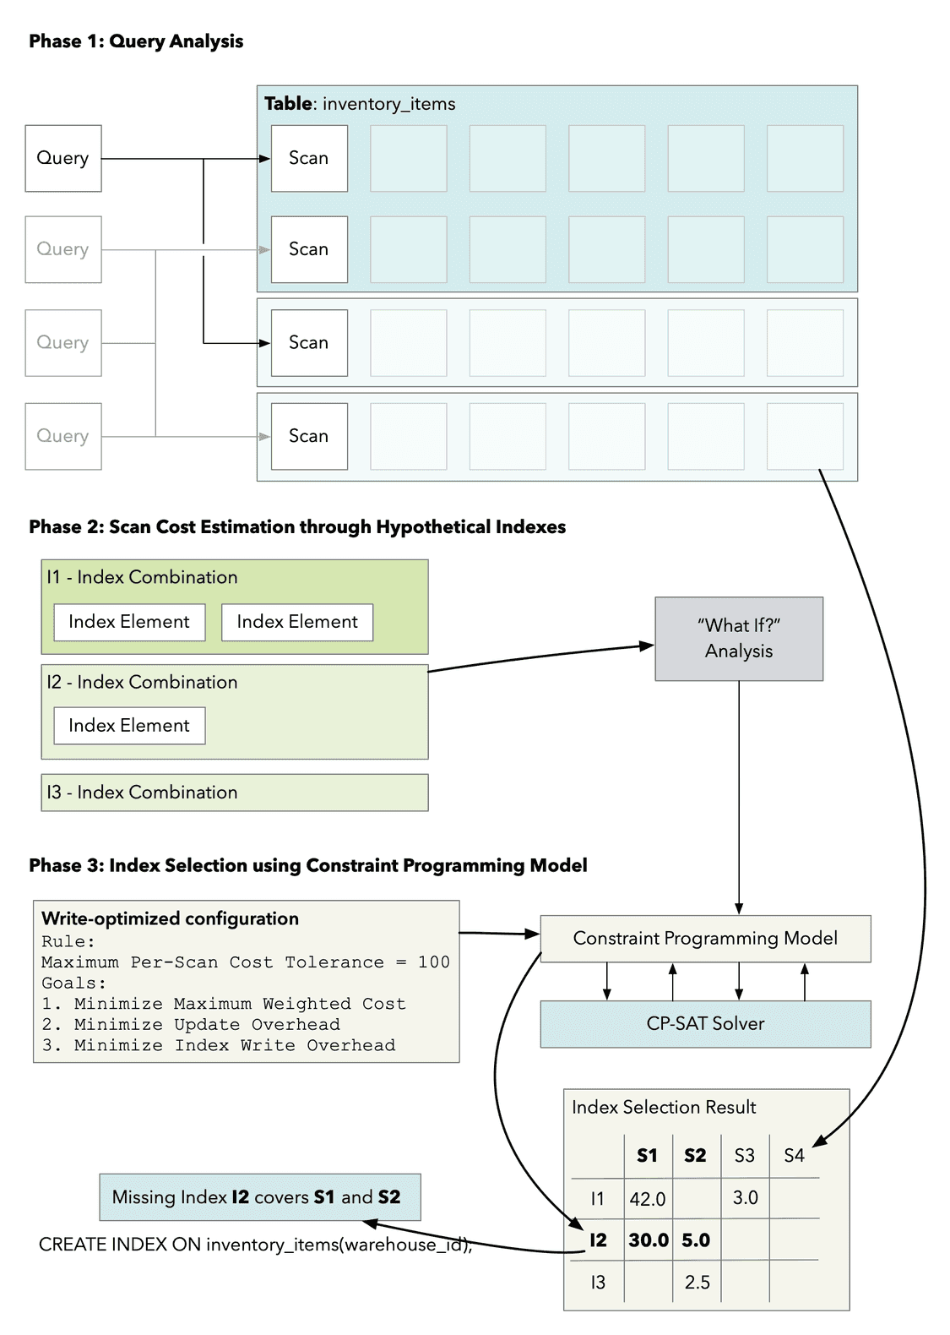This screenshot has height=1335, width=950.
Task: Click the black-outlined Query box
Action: coord(63,158)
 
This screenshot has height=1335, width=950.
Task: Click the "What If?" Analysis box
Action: coord(739,639)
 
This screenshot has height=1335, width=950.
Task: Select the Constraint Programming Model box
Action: coord(705,939)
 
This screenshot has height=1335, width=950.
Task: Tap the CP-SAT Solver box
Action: coord(705,1024)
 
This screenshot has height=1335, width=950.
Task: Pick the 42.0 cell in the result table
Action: coord(648,1199)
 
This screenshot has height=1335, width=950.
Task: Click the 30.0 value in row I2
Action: coord(648,1240)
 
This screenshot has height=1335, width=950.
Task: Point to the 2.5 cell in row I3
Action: coord(697,1283)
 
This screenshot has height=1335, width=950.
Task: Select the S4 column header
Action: coord(794,1156)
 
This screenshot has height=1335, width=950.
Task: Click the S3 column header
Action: coord(744,1156)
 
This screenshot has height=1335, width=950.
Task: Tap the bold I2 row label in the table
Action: coord(598,1240)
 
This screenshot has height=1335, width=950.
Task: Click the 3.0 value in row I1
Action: coord(745,1198)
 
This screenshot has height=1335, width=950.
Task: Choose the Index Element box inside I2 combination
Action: coord(129,726)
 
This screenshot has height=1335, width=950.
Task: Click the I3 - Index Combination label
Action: coord(142,793)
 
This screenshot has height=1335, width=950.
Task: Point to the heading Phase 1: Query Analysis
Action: coord(136,41)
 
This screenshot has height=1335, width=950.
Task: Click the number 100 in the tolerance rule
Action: coord(433,962)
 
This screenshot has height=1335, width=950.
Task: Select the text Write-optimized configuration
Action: coord(170,919)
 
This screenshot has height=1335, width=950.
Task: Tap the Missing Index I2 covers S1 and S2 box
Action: coord(259,1197)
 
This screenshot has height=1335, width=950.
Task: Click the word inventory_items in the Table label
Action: coord(388,104)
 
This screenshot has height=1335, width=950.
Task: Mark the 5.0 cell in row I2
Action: coord(696,1240)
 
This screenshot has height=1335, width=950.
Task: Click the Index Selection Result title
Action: coord(663,1108)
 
